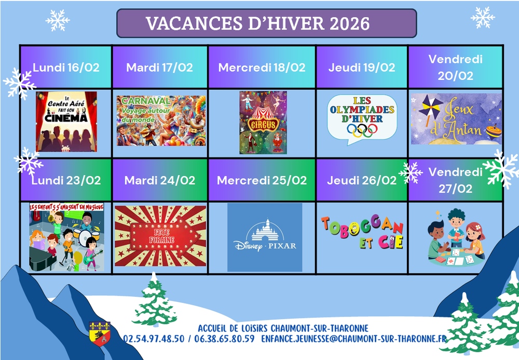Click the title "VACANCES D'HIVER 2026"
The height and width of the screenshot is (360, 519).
257,23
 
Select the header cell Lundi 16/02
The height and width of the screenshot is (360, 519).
66,67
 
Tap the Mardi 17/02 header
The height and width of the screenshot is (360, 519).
160,67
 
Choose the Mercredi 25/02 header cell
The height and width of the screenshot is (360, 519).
262,180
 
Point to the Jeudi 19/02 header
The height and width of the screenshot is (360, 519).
362,67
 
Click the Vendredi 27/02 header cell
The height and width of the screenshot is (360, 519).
456,180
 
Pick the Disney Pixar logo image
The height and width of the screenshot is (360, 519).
265,237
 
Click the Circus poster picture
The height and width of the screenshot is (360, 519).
263,122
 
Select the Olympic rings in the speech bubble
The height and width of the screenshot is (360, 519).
362,130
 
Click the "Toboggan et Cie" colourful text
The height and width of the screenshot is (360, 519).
362,232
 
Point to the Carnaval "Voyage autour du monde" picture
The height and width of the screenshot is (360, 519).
161,121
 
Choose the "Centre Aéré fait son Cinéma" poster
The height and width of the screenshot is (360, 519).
66,122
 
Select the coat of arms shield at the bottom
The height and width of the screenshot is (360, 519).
100,334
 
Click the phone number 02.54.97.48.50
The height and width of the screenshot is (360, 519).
154,339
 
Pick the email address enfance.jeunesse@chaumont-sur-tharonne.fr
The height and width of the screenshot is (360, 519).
354,339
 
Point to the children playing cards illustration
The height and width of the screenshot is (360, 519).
456,237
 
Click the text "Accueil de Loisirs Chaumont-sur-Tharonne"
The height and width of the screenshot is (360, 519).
283,328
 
